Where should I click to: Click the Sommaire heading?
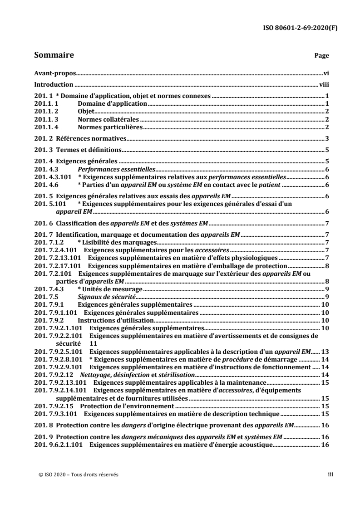pos(54,55)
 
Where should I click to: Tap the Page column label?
pos(322,56)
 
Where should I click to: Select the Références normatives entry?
pos(90,138)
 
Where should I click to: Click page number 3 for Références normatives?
pos(327,138)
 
